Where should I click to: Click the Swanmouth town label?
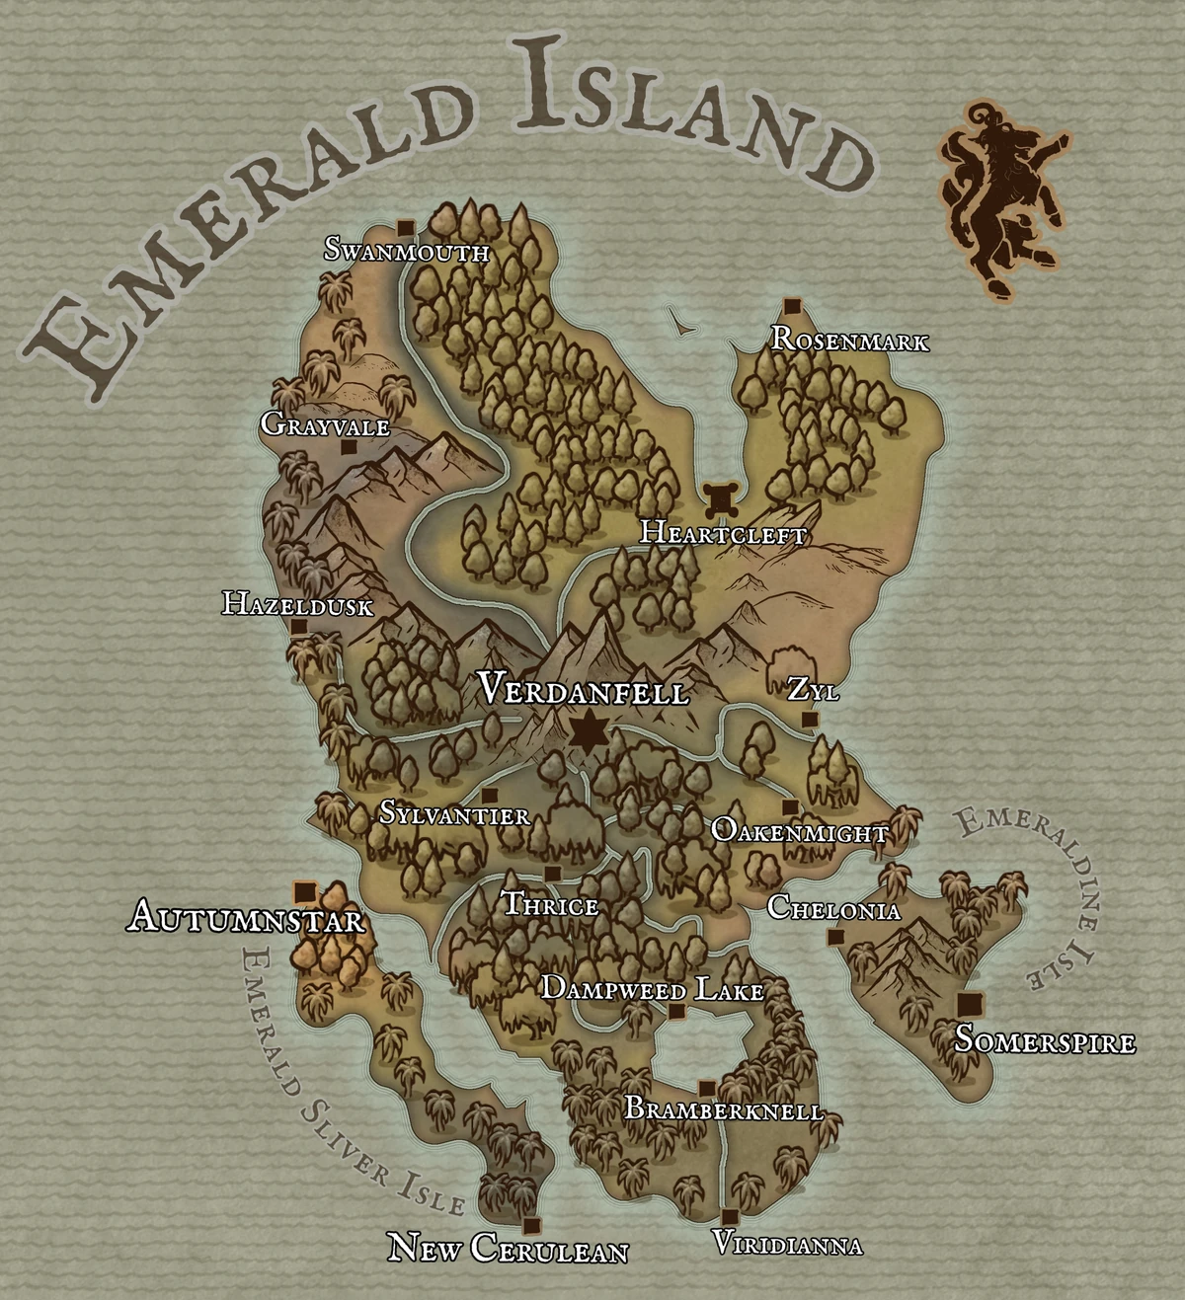point(407,252)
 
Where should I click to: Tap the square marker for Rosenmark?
point(790,304)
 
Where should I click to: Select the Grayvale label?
point(325,425)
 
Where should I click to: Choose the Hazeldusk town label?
point(297,603)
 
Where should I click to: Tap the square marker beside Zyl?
point(810,720)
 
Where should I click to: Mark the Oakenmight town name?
point(799,832)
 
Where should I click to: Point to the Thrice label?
point(550,905)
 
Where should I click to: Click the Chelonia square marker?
point(835,936)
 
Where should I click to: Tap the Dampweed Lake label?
point(653,989)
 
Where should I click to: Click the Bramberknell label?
point(724,1109)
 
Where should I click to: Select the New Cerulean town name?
point(508,1249)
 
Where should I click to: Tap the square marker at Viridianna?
point(730,1217)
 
